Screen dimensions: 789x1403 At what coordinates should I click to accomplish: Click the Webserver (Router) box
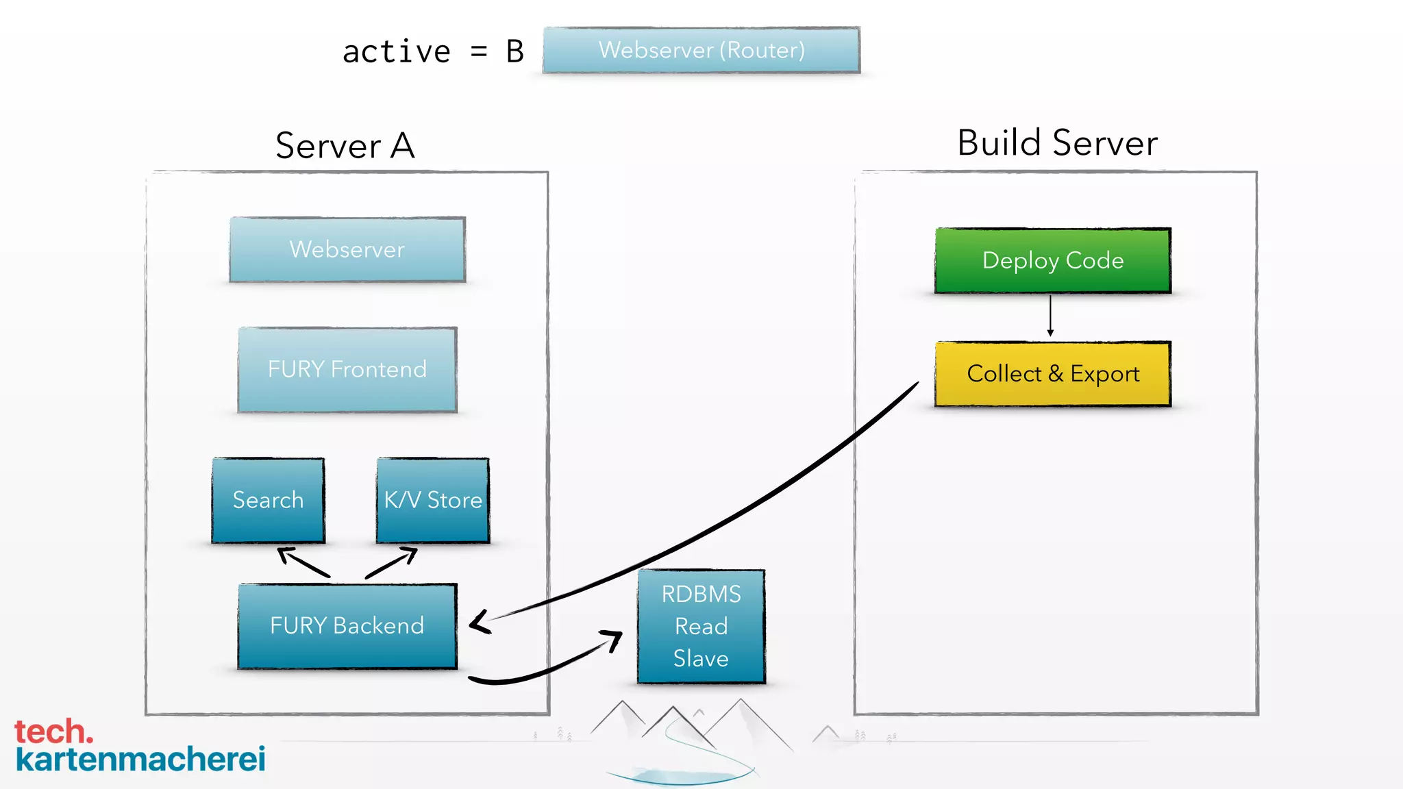tap(701, 50)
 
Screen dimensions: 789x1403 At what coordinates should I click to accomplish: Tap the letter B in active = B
tap(515, 52)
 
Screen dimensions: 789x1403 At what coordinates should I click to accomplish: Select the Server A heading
tap(345, 145)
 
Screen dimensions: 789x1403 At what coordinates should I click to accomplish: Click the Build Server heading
tap(1057, 142)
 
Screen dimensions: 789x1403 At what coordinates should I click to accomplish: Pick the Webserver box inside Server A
tap(347, 249)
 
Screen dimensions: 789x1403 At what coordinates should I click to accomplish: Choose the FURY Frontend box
tap(347, 370)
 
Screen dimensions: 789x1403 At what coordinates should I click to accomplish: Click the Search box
tap(268, 500)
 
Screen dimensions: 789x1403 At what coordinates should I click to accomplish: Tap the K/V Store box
tap(433, 500)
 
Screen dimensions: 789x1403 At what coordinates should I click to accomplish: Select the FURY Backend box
tap(347, 626)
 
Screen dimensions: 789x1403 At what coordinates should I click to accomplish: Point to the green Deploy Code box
tap(1053, 260)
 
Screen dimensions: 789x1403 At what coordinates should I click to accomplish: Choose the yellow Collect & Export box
tap(1053, 374)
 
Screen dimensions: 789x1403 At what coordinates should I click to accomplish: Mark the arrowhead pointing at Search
tap(286, 553)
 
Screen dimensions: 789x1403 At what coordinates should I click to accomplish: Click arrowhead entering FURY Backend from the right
tap(478, 622)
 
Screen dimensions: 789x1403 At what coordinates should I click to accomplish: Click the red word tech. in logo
tap(53, 731)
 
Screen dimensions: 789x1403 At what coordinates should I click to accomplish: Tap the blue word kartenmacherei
tap(140, 760)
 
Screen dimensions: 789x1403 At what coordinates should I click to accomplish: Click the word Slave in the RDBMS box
tap(701, 658)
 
